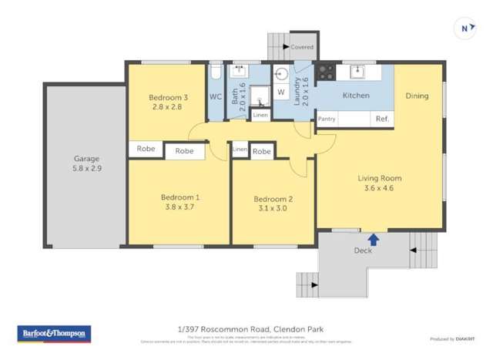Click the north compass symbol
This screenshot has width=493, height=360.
(464, 29)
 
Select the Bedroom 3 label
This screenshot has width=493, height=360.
(168, 97)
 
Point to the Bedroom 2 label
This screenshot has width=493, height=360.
(273, 200)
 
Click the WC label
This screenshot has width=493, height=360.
(216, 97)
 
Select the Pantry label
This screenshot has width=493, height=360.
(327, 119)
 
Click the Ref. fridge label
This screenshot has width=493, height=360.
(382, 119)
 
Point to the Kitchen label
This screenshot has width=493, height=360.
(356, 96)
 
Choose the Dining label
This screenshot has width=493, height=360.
(418, 96)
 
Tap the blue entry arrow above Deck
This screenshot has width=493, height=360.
(374, 239)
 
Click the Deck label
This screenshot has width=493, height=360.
(362, 251)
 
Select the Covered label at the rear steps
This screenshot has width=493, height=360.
(302, 47)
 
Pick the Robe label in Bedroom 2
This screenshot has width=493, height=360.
(262, 152)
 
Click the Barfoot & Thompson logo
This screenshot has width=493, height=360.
(54, 334)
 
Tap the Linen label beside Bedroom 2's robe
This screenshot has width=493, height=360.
(240, 149)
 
